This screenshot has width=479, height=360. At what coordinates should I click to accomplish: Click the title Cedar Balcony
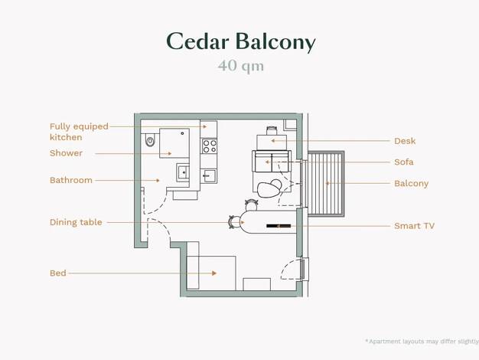pos(241,41)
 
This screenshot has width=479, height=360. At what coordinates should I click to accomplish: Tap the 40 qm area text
pos(241,66)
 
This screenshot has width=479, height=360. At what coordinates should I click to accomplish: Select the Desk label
pos(405,141)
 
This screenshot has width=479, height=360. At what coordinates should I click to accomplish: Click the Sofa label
pos(404,162)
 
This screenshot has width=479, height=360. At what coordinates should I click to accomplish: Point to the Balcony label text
pos(411,184)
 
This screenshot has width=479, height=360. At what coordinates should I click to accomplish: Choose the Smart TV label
pos(414,226)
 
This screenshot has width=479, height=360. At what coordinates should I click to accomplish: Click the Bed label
pos(58,273)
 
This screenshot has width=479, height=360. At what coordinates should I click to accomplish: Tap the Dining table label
pos(76,222)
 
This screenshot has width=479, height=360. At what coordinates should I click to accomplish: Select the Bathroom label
pos(71,180)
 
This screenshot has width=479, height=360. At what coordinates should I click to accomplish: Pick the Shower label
pos(66,153)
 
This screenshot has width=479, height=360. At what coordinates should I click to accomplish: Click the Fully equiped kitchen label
pos(79,132)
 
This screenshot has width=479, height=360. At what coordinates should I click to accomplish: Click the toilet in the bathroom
pos(150,140)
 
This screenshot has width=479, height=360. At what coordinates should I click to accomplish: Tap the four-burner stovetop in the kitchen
pos(210,146)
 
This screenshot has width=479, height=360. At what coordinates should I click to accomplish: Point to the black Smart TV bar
pos(279,226)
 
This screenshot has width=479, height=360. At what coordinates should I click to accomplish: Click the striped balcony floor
pos(326,184)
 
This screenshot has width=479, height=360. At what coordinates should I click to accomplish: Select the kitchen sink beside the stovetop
pos(209,176)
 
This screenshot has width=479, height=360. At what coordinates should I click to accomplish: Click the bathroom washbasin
pos(183,172)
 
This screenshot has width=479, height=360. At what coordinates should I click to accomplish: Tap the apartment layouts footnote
pos(422,342)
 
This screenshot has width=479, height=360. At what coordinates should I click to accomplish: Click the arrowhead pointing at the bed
pos(214,273)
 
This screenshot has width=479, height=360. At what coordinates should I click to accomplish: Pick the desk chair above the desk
pos(272,131)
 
